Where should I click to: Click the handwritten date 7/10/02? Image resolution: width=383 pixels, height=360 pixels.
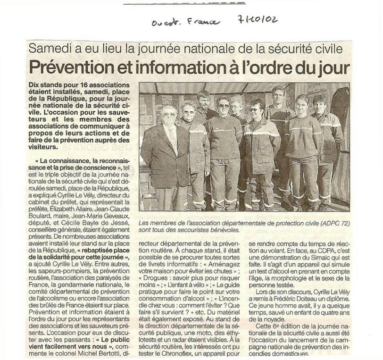pyautogui.click(x=258, y=19)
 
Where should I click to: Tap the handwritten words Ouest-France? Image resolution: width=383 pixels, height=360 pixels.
pyautogui.click(x=185, y=22)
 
